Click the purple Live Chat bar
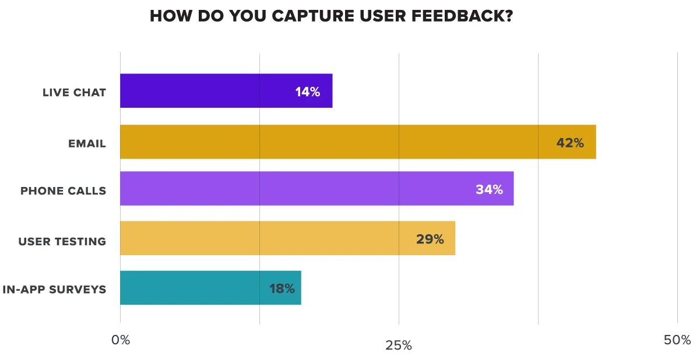pos(226,91)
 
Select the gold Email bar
pos(358,142)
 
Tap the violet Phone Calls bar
pos(316,189)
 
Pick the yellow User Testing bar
pos(287,238)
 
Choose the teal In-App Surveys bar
pos(210,288)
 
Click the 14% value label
pos(307,91)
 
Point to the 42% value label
pos(569,143)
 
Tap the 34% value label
pos(489,189)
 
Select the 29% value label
pos(430,239)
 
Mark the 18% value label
pos(282,288)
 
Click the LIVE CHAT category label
pos(74,92)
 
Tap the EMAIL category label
pos(87,143)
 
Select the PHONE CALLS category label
pos(63,190)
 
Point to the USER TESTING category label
pos(62,241)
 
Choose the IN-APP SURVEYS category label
pos(54,290)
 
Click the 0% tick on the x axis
pos(121,340)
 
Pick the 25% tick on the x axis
pos(399,345)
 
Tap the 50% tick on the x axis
pos(677,340)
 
